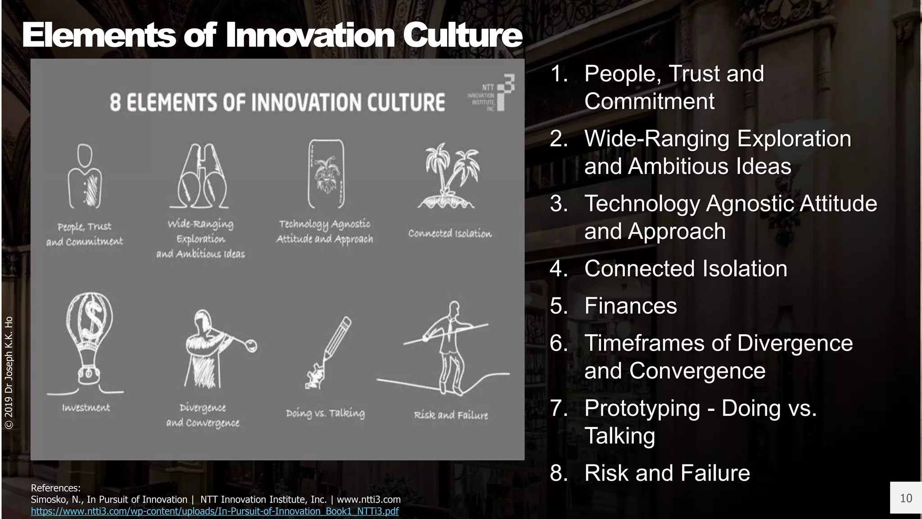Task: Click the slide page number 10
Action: (x=906, y=498)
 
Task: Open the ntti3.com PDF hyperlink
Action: (x=215, y=511)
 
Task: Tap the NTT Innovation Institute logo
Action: (x=492, y=93)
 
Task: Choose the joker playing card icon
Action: (x=325, y=173)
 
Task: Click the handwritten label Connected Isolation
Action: (x=450, y=233)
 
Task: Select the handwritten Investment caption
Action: (x=86, y=408)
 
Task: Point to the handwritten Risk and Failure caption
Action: (x=451, y=415)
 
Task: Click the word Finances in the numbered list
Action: (x=630, y=306)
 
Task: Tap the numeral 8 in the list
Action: (x=559, y=473)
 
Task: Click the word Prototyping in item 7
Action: (x=642, y=408)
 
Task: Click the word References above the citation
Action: (x=55, y=488)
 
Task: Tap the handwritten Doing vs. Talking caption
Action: (x=325, y=413)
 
